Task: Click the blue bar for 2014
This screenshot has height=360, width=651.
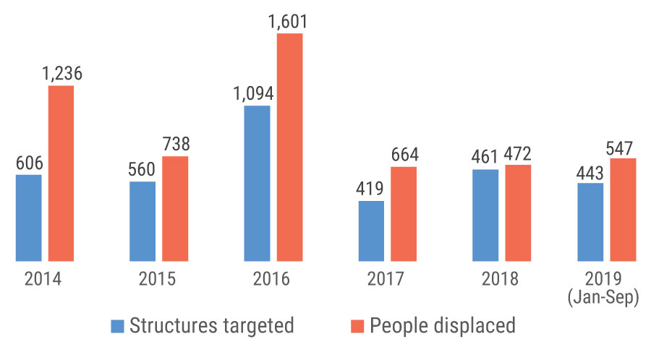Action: pyautogui.click(x=29, y=218)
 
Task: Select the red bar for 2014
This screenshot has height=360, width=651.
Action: pyautogui.click(x=61, y=173)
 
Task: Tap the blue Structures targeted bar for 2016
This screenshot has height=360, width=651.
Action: pyautogui.click(x=257, y=184)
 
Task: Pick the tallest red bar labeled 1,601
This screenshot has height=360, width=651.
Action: pyautogui.click(x=290, y=147)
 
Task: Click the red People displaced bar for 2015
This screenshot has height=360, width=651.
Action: pyautogui.click(x=175, y=209)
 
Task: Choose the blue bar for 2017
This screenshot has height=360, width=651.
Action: pyautogui.click(x=371, y=231)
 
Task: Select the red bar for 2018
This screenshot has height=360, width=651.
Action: pyautogui.click(x=518, y=213)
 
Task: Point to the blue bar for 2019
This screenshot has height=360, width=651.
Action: pyautogui.click(x=590, y=223)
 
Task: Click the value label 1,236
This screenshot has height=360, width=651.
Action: pyautogui.click(x=62, y=74)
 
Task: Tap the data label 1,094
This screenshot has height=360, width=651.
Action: pyautogui.click(x=253, y=93)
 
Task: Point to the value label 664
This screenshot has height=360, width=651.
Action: pyautogui.click(x=405, y=155)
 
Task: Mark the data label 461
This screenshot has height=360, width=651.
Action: pyautogui.click(x=484, y=157)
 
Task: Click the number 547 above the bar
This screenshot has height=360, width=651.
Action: pyautogui.click(x=619, y=148)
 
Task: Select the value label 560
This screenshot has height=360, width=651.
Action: pyautogui.click(x=142, y=169)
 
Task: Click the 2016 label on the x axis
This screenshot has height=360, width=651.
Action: pyautogui.click(x=271, y=279)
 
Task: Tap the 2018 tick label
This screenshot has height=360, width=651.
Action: pyautogui.click(x=500, y=279)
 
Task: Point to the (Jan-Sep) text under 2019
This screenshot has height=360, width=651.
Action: pyautogui.click(x=603, y=297)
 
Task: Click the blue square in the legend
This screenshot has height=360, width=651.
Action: pyautogui.click(x=117, y=327)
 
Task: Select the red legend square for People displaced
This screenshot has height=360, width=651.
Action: pyautogui.click(x=357, y=327)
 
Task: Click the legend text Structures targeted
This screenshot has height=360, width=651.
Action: pyautogui.click(x=212, y=326)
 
